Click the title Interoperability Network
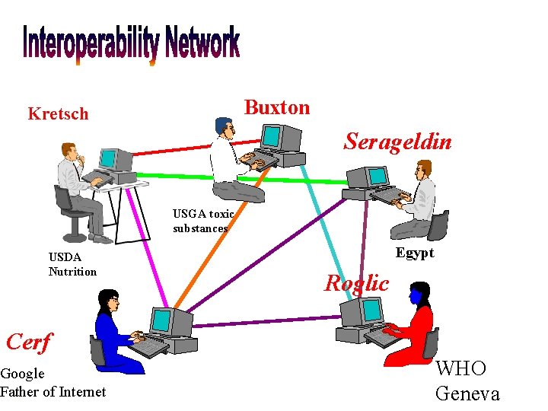click(x=131, y=44)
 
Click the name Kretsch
click(x=58, y=114)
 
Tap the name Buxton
click(x=276, y=107)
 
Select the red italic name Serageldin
click(x=397, y=142)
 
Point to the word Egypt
click(x=415, y=253)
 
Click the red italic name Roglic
click(x=356, y=283)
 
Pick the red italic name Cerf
click(x=28, y=342)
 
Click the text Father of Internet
click(x=53, y=391)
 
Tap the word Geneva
click(x=467, y=393)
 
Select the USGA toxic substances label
click(x=202, y=221)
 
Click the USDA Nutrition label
click(x=72, y=264)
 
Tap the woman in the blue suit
click(x=114, y=335)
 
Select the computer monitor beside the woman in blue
click(x=161, y=323)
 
